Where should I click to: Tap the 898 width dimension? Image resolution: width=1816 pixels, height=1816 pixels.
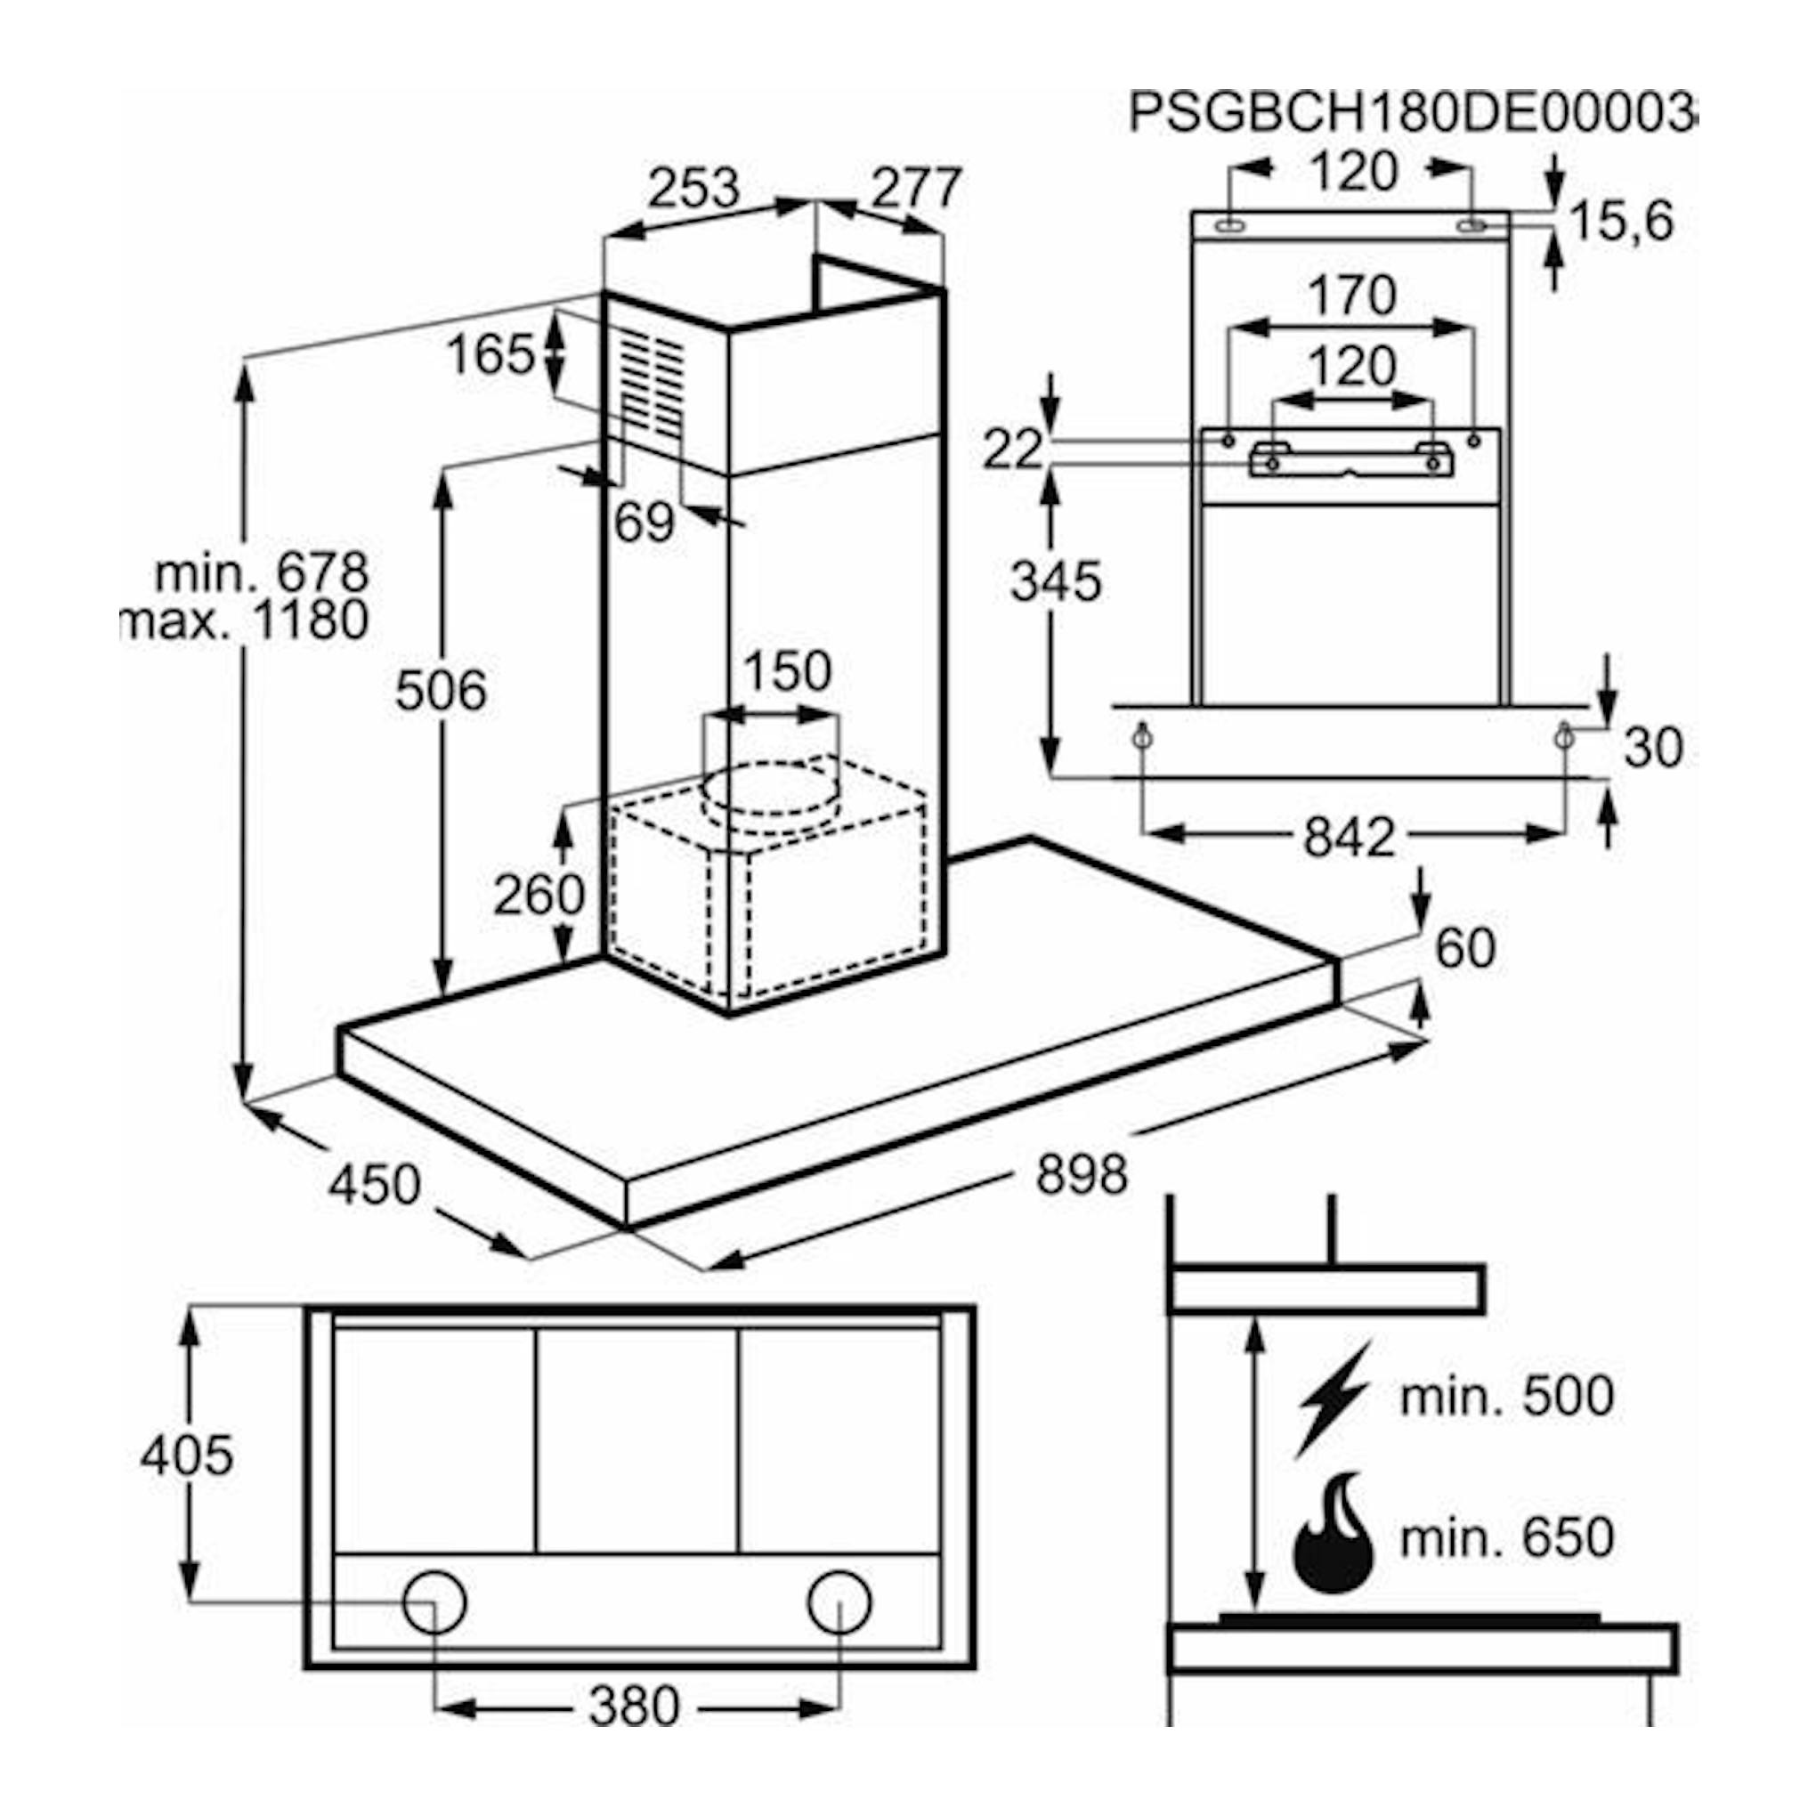[x=1082, y=1174]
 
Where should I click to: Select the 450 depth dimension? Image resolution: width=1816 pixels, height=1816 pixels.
[x=374, y=1184]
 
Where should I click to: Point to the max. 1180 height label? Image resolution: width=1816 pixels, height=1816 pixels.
[x=247, y=620]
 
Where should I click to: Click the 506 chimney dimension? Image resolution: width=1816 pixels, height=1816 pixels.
[x=441, y=691]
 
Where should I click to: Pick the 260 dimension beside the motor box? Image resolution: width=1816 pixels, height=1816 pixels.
[x=539, y=895]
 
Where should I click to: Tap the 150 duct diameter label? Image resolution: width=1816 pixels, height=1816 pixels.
[x=788, y=671]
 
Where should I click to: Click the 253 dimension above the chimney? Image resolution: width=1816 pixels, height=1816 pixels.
[x=695, y=188]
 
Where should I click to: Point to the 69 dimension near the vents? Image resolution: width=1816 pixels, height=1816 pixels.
[x=645, y=522]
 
